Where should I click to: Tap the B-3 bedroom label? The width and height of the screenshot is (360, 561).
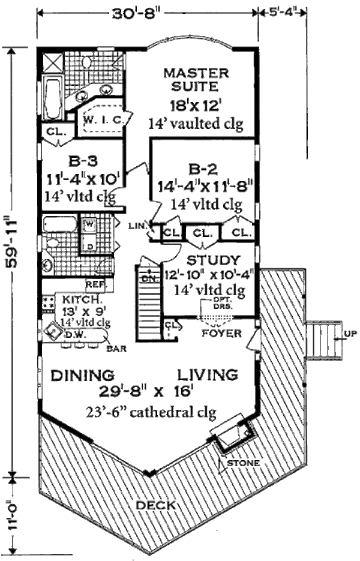[x=79, y=161]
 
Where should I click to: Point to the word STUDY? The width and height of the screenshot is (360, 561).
[x=213, y=260]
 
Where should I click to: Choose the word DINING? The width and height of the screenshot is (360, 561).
[x=82, y=376]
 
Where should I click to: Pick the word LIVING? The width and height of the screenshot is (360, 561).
[x=207, y=376]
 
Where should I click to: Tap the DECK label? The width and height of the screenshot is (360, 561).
[x=155, y=505]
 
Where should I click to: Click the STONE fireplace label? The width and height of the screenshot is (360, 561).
[x=244, y=463]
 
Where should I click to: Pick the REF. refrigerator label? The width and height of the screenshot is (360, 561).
[x=96, y=283]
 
